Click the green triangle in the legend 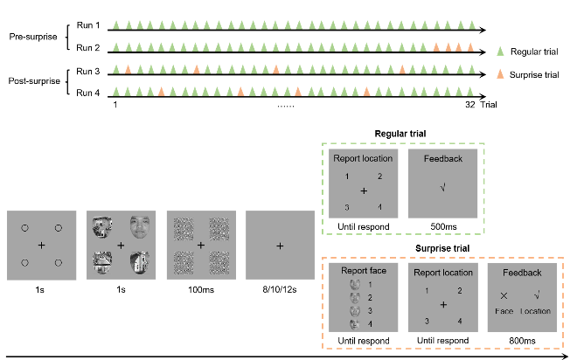(500, 52)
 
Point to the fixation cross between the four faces (121, 245)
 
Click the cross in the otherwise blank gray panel (280, 246)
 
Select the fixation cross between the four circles (41, 246)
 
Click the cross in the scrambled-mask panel (200, 246)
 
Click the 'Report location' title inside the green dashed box (363, 159)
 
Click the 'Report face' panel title (363, 271)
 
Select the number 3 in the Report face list (371, 310)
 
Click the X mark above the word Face (504, 296)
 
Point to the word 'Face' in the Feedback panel (504, 311)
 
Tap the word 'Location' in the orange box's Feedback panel (537, 311)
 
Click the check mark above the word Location (537, 296)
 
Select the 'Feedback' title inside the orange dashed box (521, 271)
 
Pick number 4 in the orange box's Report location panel (458, 321)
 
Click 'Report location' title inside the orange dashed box (442, 271)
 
